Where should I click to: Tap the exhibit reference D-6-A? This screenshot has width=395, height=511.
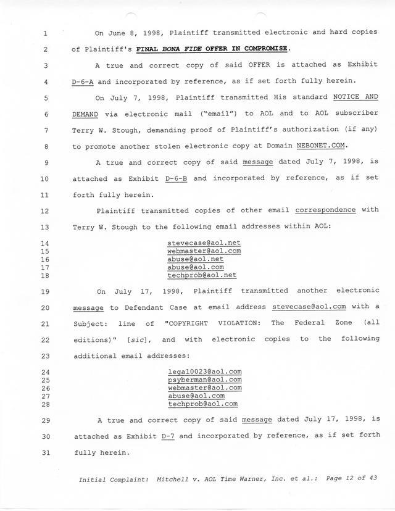[86, 81]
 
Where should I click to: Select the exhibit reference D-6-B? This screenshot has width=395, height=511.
[179, 178]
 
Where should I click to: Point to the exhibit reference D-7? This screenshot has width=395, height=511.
[168, 436]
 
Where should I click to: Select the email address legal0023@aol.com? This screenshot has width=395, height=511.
[204, 372]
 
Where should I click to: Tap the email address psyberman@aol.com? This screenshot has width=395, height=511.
[204, 380]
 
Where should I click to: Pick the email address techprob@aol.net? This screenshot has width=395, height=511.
[202, 275]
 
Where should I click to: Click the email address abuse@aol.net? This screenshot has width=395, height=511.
[195, 259]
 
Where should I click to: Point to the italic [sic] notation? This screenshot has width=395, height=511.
[133, 339]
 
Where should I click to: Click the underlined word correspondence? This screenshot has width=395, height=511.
[325, 210]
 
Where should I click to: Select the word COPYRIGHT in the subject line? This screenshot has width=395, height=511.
[194, 323]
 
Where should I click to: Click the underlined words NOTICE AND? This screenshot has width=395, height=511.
[355, 98]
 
